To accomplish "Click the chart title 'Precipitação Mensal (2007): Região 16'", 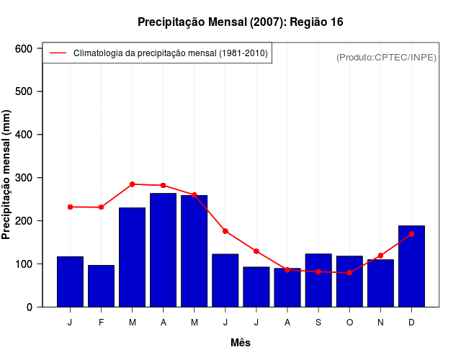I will point(241,22).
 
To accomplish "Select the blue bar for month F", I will point(101,286).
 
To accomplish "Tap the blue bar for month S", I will point(318,280).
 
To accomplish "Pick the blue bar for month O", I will point(349,281).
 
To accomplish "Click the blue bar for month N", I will point(380,283).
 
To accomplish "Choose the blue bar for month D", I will point(411,266).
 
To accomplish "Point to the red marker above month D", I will point(411,234).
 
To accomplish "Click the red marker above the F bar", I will point(101,207).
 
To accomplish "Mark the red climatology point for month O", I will point(349,273).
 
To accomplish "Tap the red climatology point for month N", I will point(380,256).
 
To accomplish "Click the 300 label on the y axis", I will point(24,178).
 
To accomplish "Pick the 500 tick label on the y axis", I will point(24,91).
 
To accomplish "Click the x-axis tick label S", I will point(318,323).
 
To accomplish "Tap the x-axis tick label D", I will point(411,323).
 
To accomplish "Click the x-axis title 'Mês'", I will point(241,343).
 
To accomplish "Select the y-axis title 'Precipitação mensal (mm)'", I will point(7,175).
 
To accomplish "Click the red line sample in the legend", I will point(58,53).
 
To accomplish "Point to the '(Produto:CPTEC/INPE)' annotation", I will point(387,57).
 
